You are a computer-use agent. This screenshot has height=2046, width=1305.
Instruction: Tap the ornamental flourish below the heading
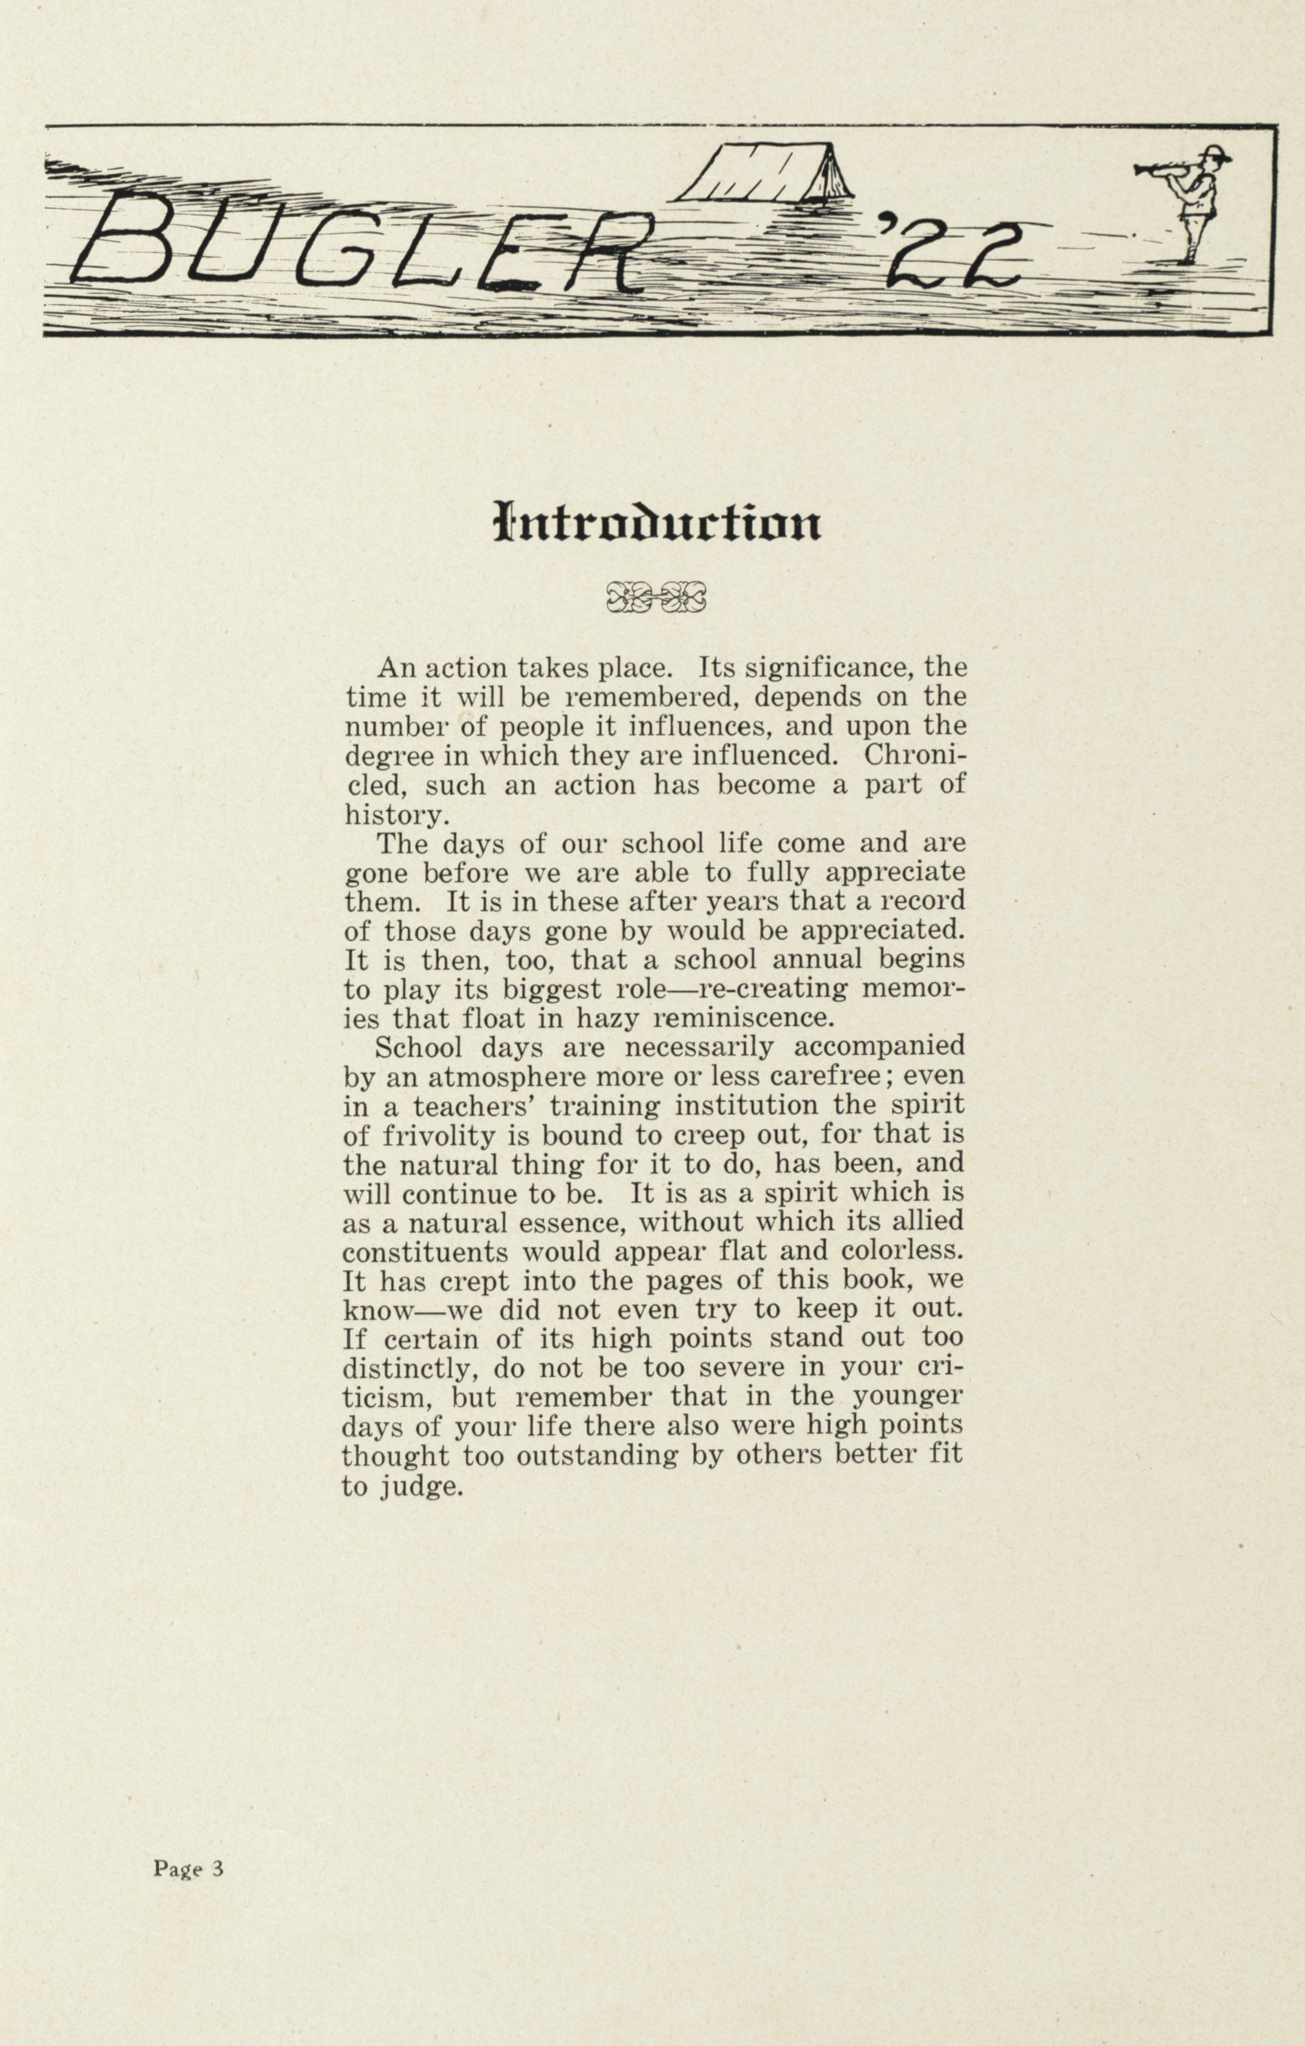pyautogui.click(x=656, y=596)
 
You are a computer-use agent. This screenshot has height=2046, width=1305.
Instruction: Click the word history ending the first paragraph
pyautogui.click(x=394, y=816)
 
